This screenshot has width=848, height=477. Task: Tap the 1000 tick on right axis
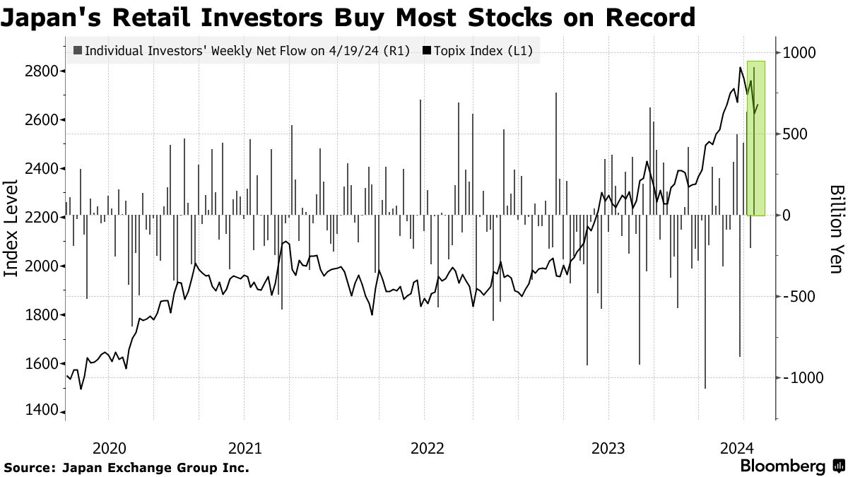pos(799,52)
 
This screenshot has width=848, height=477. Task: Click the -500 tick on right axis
pos(801,297)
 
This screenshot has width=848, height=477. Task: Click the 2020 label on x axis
pos(109,448)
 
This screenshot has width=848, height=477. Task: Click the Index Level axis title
pos(12,228)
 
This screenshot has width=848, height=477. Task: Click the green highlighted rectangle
pos(755,138)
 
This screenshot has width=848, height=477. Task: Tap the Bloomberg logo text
pos(782,466)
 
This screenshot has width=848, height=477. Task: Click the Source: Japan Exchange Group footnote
pos(126,467)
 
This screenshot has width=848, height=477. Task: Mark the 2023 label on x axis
pos(608,448)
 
